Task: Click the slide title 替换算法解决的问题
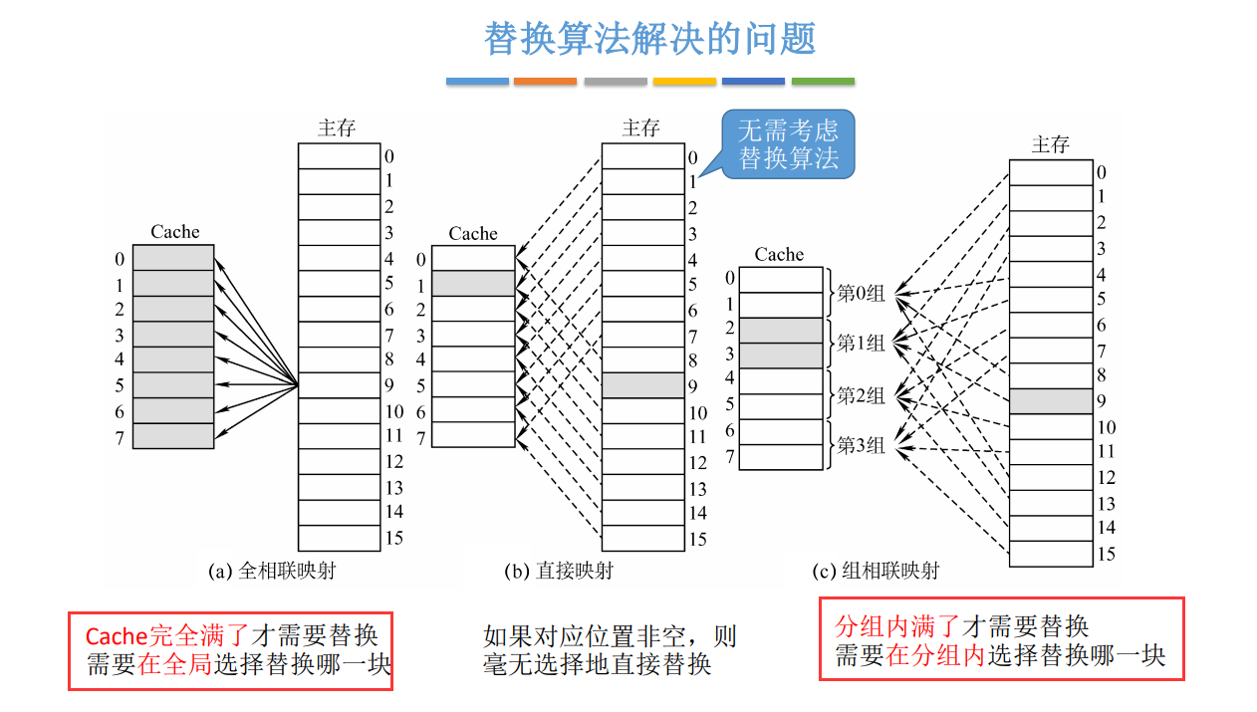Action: pyautogui.click(x=649, y=39)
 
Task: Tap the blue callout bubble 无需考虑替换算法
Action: pyautogui.click(x=788, y=144)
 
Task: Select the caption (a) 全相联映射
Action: pyautogui.click(x=272, y=571)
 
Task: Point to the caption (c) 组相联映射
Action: pyautogui.click(x=876, y=571)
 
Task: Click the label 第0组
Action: pyautogui.click(x=861, y=293)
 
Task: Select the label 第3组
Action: pyautogui.click(x=861, y=445)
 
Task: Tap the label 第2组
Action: pyautogui.click(x=861, y=395)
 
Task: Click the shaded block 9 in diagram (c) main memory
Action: pyautogui.click(x=1050, y=401)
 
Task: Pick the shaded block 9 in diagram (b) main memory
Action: pyautogui.click(x=642, y=385)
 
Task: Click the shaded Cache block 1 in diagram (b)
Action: pyautogui.click(x=473, y=284)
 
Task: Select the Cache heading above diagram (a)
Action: pyautogui.click(x=175, y=232)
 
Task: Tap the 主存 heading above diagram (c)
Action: pyautogui.click(x=1050, y=145)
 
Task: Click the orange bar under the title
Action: pyautogui.click(x=545, y=81)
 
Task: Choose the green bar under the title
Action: pyautogui.click(x=823, y=81)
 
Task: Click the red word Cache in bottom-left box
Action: pyautogui.click(x=116, y=636)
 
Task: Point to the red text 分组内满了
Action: pyautogui.click(x=896, y=626)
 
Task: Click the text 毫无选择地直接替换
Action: pyautogui.click(x=597, y=664)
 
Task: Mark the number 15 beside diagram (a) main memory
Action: pyautogui.click(x=394, y=538)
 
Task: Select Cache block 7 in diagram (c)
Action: pyautogui.click(x=781, y=457)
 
